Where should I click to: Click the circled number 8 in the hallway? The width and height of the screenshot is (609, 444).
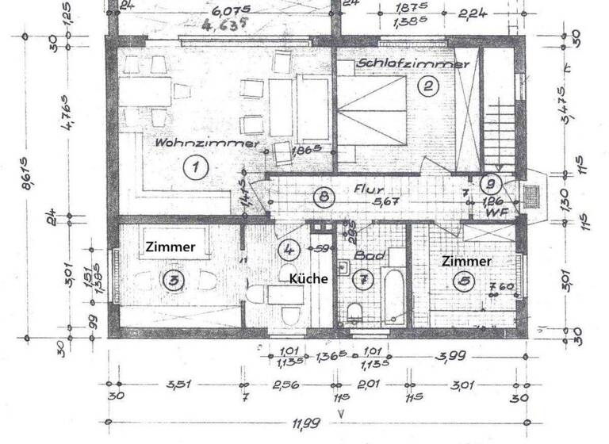[320, 197]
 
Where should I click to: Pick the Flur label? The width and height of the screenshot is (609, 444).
[369, 191]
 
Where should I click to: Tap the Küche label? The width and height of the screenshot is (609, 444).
[308, 279]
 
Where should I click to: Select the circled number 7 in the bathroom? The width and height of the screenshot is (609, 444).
[364, 279]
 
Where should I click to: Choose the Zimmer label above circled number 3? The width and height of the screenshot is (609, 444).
[170, 247]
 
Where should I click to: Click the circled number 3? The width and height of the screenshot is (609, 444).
[173, 279]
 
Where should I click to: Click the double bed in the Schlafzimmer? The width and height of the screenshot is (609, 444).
[373, 113]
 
